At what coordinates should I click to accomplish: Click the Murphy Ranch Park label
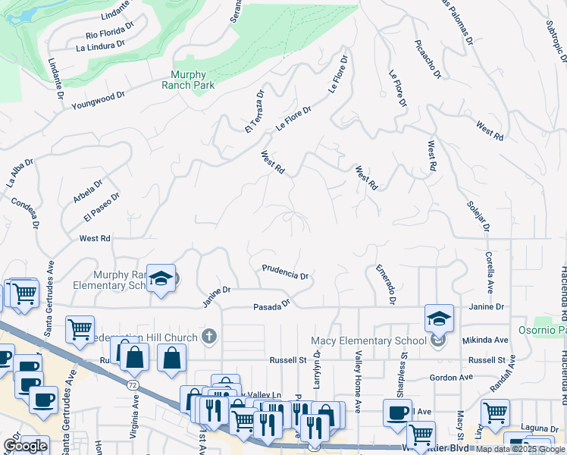coord(193,80)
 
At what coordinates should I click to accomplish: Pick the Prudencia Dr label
coord(285,272)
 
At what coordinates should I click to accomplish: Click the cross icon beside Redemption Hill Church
coord(210,336)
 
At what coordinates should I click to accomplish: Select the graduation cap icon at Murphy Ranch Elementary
coord(161,280)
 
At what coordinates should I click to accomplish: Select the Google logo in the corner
coord(25,446)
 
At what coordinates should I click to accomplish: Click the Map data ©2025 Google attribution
coord(520,449)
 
